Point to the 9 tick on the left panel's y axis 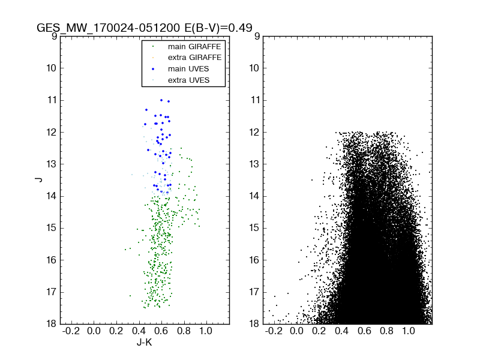tap(53, 36)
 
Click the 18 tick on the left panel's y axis tap(51, 324)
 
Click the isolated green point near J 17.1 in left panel tap(130, 295)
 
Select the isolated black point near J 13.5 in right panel tap(312, 180)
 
